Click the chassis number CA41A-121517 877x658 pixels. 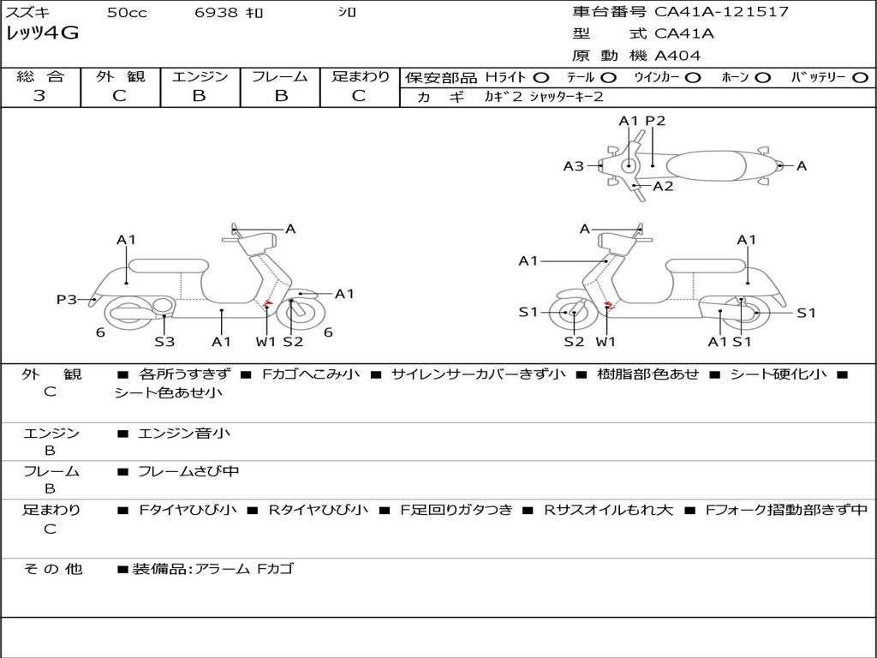coord(722,12)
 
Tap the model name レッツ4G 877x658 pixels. coord(42,33)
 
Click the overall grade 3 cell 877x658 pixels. coord(39,96)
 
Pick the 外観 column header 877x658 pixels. coord(120,77)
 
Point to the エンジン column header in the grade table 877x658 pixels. coord(200,77)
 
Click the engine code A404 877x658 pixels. coord(677,56)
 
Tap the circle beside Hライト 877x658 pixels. coord(540,77)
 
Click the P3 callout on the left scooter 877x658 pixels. coord(67,299)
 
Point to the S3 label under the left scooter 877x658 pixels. coord(164,342)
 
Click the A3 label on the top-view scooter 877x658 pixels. coord(573,166)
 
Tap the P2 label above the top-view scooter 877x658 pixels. coord(655,121)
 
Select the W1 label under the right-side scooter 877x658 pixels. coord(606,342)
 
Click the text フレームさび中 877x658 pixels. coord(188,471)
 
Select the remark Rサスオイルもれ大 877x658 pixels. coord(608,510)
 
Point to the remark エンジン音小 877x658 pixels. coord(183,434)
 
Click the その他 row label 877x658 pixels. coord(52,568)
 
